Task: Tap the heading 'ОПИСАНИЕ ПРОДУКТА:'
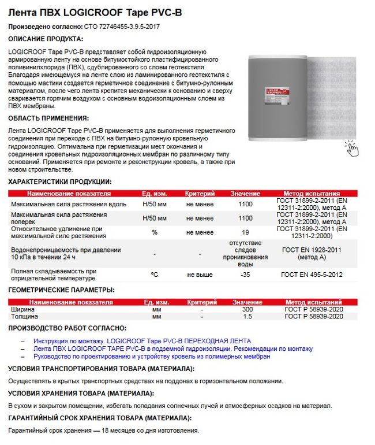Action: pos(46,39)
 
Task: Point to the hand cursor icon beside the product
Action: pos(351,149)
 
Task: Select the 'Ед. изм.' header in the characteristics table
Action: pos(154,194)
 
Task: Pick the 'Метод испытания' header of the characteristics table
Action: pos(312,194)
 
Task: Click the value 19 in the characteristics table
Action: pos(245,232)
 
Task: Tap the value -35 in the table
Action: pos(245,275)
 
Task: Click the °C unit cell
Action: pos(154,275)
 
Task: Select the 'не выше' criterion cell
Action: pos(200,275)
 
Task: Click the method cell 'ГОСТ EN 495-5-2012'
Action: pos(312,275)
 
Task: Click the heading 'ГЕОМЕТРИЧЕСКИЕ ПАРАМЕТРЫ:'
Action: pos(61,290)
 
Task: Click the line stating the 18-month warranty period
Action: pos(104,431)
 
